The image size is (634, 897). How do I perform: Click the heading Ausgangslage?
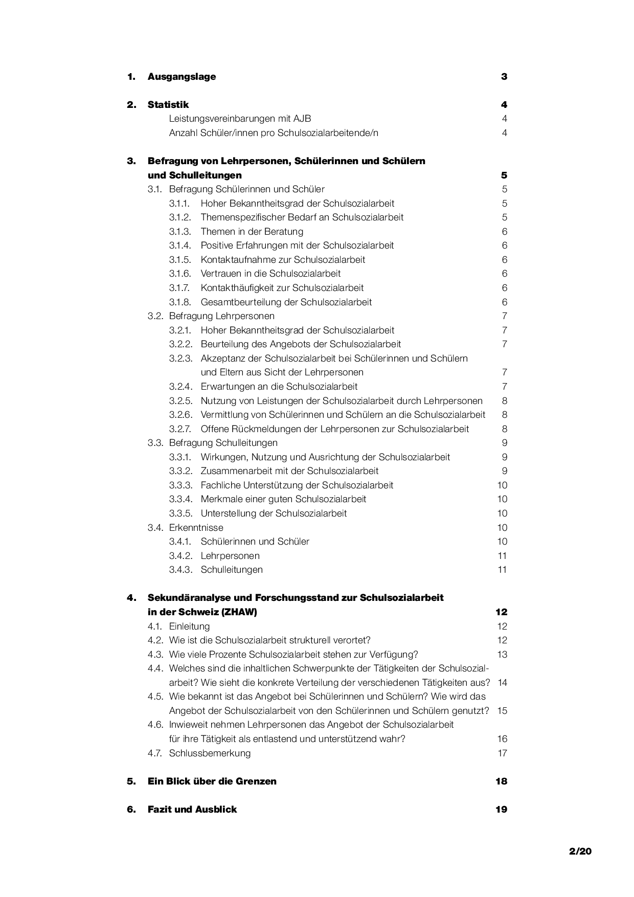click(x=182, y=77)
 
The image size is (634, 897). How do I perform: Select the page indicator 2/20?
click(x=580, y=851)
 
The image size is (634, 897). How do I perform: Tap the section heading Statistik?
click(x=168, y=105)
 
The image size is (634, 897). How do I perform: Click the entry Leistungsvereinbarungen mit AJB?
click(x=240, y=119)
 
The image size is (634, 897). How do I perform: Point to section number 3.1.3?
click(x=180, y=232)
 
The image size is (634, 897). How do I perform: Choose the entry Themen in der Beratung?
click(x=252, y=232)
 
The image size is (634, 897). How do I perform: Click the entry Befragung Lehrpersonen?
click(x=221, y=316)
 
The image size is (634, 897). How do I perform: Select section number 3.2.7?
click(x=180, y=429)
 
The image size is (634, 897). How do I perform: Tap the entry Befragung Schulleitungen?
click(x=223, y=443)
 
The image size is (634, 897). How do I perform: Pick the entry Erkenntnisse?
click(x=196, y=528)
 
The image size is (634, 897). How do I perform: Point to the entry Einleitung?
click(x=189, y=626)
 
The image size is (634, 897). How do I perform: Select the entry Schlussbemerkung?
click(x=210, y=753)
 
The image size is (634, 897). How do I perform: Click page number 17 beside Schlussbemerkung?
click(x=502, y=753)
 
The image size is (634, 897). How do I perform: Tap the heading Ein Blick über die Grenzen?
click(x=212, y=781)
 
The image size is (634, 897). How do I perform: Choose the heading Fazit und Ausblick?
click(x=192, y=810)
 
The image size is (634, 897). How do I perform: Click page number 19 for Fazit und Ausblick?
click(x=501, y=810)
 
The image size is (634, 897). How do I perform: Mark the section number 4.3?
click(x=155, y=655)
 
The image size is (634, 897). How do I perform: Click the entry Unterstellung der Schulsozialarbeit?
click(x=274, y=513)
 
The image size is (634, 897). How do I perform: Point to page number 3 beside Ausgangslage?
click(x=504, y=77)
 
